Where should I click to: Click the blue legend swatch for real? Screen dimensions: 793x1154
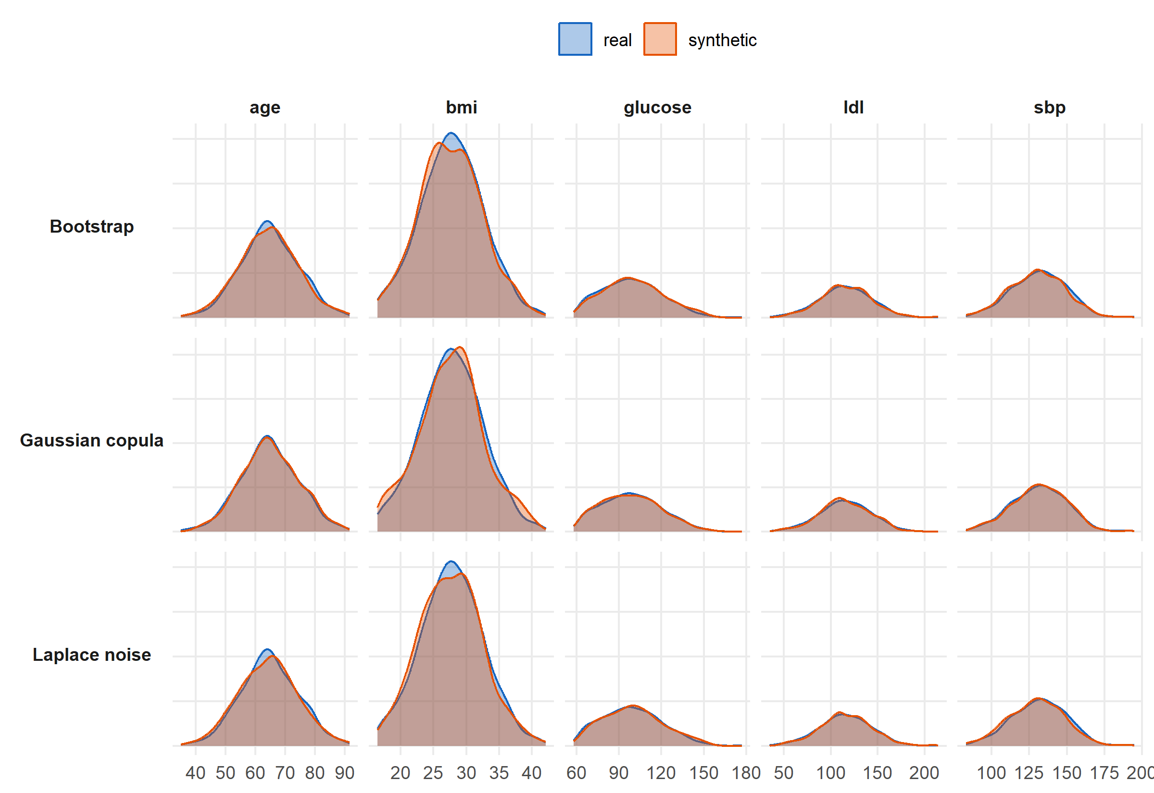pyautogui.click(x=575, y=39)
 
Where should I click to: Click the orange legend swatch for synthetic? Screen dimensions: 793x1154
pyautogui.click(x=660, y=39)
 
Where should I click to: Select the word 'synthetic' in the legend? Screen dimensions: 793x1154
pyautogui.click(x=722, y=40)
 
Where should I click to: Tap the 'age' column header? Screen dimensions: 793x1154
pyautogui.click(x=265, y=107)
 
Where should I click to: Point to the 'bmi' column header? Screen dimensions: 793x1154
pyautogui.click(x=461, y=107)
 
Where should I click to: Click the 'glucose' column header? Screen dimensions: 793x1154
pyautogui.click(x=657, y=107)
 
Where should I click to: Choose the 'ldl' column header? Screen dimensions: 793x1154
pyautogui.click(x=853, y=107)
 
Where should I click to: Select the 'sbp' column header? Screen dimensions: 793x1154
pyautogui.click(x=1050, y=107)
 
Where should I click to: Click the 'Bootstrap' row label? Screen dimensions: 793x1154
pyautogui.click(x=92, y=226)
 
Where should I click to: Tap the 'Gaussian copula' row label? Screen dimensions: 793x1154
pyautogui.click(x=92, y=441)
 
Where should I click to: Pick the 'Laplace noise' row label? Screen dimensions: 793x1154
pyautogui.click(x=92, y=655)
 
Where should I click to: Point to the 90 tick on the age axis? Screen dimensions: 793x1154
pyautogui.click(x=344, y=773)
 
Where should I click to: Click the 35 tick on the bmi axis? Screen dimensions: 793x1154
pyautogui.click(x=499, y=773)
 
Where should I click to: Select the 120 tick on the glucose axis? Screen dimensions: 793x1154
pyautogui.click(x=661, y=773)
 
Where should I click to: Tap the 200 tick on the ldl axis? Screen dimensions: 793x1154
pyautogui.click(x=924, y=773)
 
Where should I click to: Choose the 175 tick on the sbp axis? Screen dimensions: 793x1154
pyautogui.click(x=1104, y=773)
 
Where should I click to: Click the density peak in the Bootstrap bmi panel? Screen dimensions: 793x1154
pyautogui.click(x=451, y=133)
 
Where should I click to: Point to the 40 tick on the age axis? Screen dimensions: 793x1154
pyautogui.click(x=195, y=773)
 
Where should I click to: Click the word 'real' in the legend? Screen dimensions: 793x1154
pyautogui.click(x=617, y=40)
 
